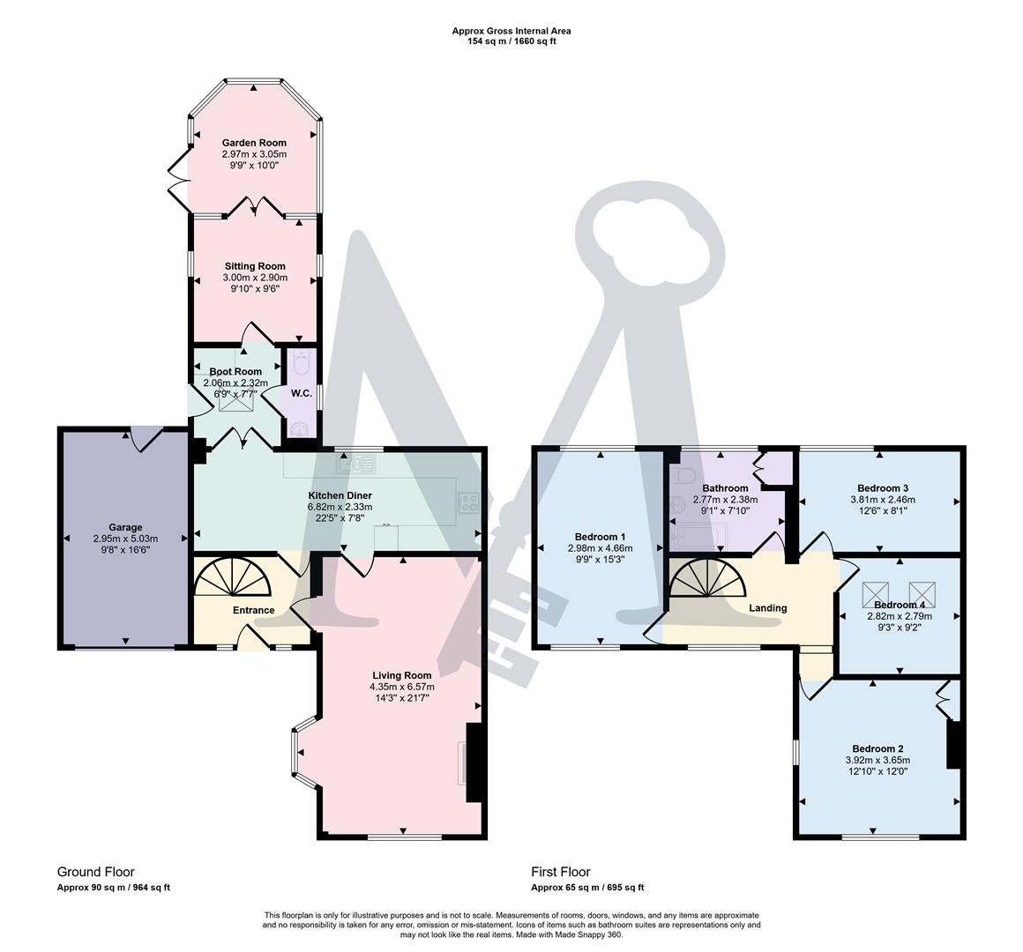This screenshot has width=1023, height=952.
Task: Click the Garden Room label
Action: coord(254,142)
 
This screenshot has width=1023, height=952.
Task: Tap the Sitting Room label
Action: coord(254,266)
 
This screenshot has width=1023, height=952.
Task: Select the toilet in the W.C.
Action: coord(302,363)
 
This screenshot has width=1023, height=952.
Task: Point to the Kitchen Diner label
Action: coord(340,495)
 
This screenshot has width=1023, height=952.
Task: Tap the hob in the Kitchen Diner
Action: coord(468,502)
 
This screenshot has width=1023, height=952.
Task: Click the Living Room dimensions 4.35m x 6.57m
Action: coord(401,687)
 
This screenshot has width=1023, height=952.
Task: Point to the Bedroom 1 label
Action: coord(600,537)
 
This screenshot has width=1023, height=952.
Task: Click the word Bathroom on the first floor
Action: coord(725,487)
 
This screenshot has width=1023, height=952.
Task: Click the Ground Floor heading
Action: coord(96,872)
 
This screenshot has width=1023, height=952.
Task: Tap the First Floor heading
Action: coord(561,872)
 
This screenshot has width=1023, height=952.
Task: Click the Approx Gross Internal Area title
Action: coord(511,31)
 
